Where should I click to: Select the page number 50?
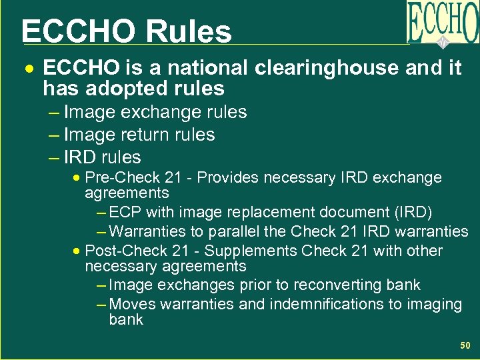click(x=465, y=345)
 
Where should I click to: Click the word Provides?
click(x=229, y=177)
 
